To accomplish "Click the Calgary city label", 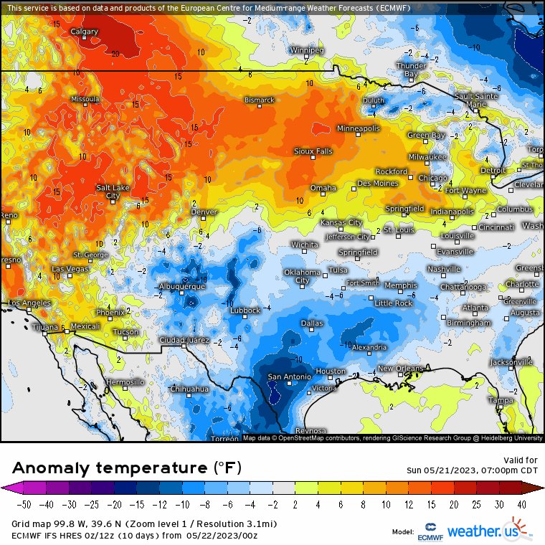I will pyautogui.click(x=85, y=32).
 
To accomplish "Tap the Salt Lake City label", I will pyautogui.click(x=113, y=191).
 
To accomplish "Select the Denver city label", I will pyautogui.click(x=204, y=212).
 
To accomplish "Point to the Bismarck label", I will pyautogui.click(x=260, y=100).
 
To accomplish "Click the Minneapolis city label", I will pyautogui.click(x=359, y=128).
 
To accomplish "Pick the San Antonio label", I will pyautogui.click(x=289, y=377).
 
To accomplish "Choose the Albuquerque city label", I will pyautogui.click(x=181, y=286).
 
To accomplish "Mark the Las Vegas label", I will pyautogui.click(x=69, y=269).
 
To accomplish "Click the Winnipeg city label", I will pyautogui.click(x=307, y=50).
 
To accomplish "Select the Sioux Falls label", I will pyautogui.click(x=313, y=151).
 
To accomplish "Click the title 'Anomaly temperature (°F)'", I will pyautogui.click(x=127, y=468).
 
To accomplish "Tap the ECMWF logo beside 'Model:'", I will pyautogui.click(x=432, y=531).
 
